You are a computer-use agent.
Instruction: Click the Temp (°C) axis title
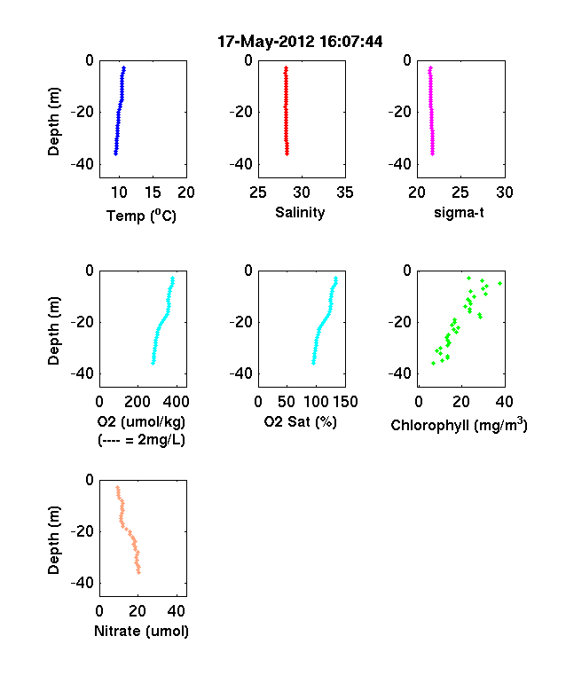tap(141, 216)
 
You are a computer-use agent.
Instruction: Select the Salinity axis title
tap(300, 212)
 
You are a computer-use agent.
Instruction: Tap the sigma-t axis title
tap(459, 213)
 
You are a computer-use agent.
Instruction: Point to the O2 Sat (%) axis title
tap(300, 421)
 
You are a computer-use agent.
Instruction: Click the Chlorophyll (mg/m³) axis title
tap(459, 424)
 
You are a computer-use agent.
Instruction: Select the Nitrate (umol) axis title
tap(141, 632)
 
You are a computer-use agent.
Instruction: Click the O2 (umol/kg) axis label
tap(141, 421)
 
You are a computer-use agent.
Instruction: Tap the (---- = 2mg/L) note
tap(141, 440)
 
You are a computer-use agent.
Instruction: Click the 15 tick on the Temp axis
tap(153, 192)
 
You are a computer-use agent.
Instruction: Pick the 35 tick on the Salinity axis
tap(345, 192)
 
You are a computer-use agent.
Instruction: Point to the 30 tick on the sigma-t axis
tap(505, 192)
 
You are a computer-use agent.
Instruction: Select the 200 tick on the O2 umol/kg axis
tap(138, 402)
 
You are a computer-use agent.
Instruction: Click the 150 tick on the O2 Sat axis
tap(345, 402)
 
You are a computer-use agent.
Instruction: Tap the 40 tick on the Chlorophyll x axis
tap(505, 402)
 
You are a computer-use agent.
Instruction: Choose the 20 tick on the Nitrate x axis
tap(138, 610)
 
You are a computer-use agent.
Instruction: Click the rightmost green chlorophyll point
tap(500, 284)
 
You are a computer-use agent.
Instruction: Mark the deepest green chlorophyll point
tap(433, 364)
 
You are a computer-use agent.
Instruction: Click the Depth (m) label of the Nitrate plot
tap(53, 540)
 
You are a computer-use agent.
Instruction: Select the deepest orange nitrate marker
tap(139, 572)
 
